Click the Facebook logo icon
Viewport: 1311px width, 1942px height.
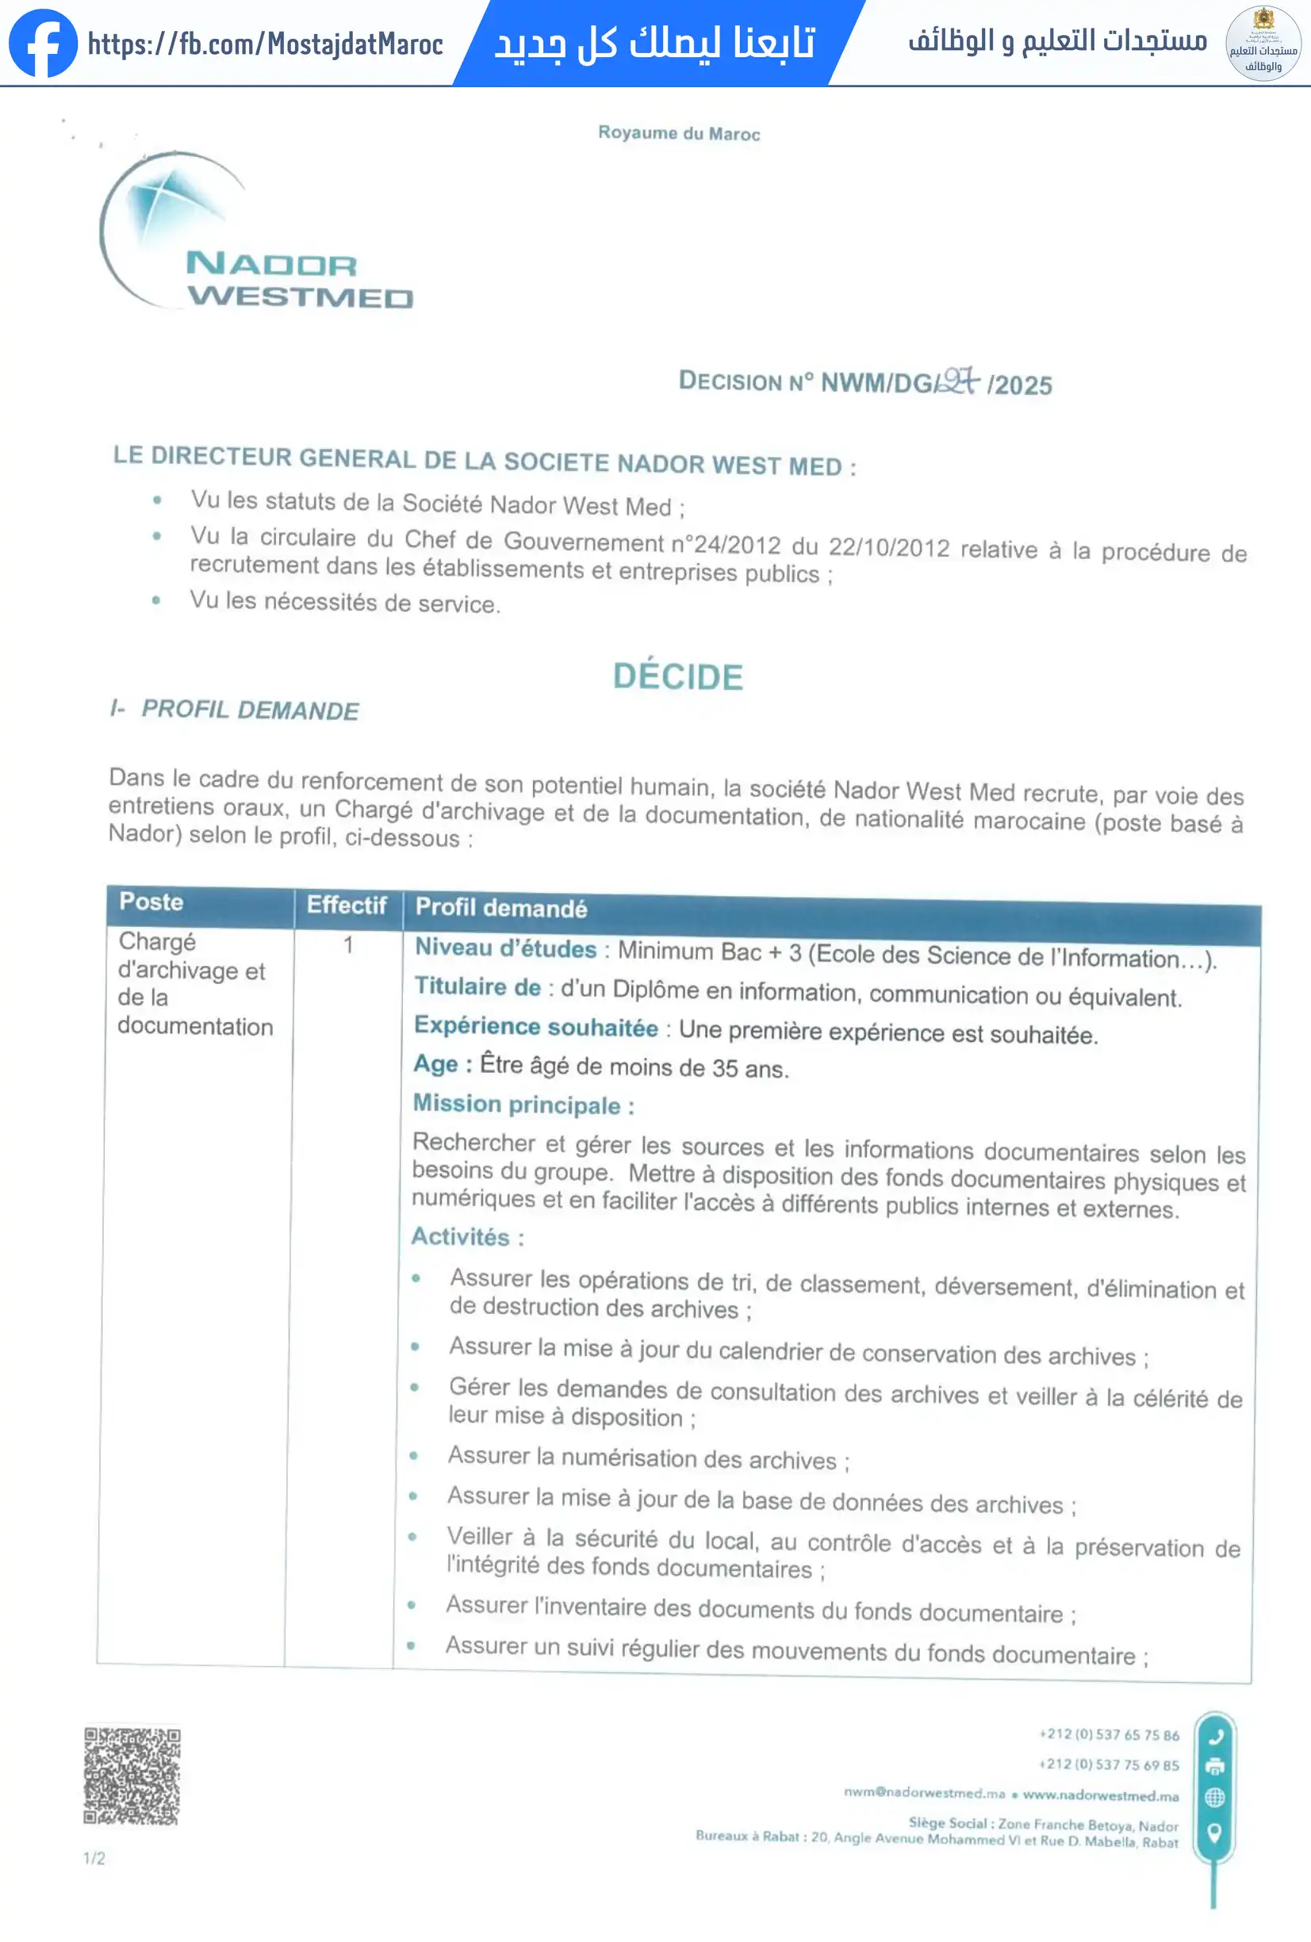click(42, 44)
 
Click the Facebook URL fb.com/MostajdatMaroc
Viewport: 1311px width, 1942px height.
click(266, 44)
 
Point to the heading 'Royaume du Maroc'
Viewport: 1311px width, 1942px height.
click(678, 134)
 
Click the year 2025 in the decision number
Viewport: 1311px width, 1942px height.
click(1023, 385)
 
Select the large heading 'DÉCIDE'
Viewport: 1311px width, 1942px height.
click(677, 676)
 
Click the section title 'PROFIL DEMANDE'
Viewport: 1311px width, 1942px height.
click(250, 711)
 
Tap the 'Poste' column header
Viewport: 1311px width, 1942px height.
click(151, 902)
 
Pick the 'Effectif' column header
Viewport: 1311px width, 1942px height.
click(346, 905)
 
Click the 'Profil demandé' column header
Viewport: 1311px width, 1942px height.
click(501, 908)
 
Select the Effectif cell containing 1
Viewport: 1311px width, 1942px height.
click(347, 945)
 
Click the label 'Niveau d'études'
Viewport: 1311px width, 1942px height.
click(505, 948)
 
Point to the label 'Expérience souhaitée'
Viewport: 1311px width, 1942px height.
click(535, 1027)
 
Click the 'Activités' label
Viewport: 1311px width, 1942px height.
click(460, 1237)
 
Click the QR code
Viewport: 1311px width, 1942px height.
click(132, 1775)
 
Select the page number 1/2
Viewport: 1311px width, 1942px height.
click(94, 1859)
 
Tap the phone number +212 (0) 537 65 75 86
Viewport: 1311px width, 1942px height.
click(1109, 1735)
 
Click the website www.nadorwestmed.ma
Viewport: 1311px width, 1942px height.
click(1101, 1795)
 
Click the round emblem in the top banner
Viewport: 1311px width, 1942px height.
click(1262, 44)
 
